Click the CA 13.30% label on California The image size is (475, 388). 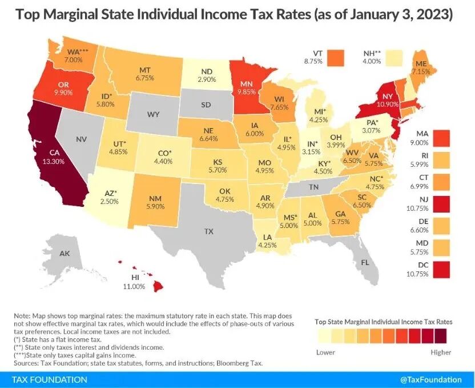pyautogui.click(x=54, y=157)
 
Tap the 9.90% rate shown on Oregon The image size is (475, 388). pyautogui.click(x=63, y=93)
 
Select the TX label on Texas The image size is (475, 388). pyautogui.click(x=209, y=231)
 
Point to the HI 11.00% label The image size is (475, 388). pyautogui.click(x=134, y=282)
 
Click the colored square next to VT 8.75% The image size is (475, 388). pyautogui.click(x=335, y=58)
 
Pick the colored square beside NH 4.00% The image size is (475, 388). pyautogui.click(x=395, y=58)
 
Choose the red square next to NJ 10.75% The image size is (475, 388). pyautogui.click(x=441, y=204)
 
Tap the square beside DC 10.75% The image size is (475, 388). pyautogui.click(x=441, y=270)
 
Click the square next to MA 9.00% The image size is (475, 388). pyautogui.click(x=441, y=138)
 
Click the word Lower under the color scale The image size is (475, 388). pyautogui.click(x=325, y=353)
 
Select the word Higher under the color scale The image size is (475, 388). pyautogui.click(x=441, y=353)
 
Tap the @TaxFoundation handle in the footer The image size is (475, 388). pyautogui.click(x=431, y=380)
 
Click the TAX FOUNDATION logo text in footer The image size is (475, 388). pyautogui.click(x=49, y=380)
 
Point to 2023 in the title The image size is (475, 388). pyautogui.click(x=434, y=14)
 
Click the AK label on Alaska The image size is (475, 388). pyautogui.click(x=65, y=253)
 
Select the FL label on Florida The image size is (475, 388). pyautogui.click(x=365, y=262)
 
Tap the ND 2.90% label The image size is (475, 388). pyautogui.click(x=207, y=75)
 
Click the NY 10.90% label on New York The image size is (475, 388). pyautogui.click(x=388, y=101)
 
